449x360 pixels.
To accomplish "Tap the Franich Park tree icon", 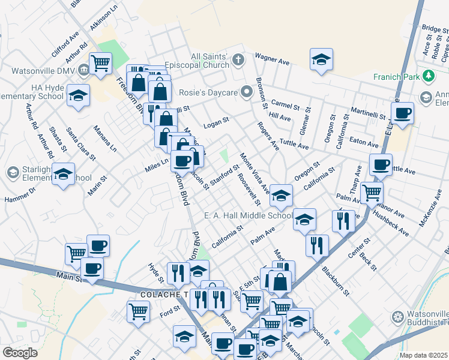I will pos(429,76).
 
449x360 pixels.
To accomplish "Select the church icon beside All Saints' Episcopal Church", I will pos(238,59).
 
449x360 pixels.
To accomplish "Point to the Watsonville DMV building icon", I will pos(82,70).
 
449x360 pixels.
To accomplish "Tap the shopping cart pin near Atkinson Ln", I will pos(100,62).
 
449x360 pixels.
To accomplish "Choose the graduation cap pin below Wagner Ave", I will pos(322,59).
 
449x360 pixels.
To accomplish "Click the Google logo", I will pos(20,353).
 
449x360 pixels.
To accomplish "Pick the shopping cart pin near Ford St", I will pos(138,311).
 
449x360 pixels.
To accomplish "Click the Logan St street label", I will pos(216,121).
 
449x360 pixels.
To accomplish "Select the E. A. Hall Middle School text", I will pos(248,216).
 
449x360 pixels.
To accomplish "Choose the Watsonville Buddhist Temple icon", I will pos(397,317).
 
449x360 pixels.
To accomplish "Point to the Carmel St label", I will pos(285,106).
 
